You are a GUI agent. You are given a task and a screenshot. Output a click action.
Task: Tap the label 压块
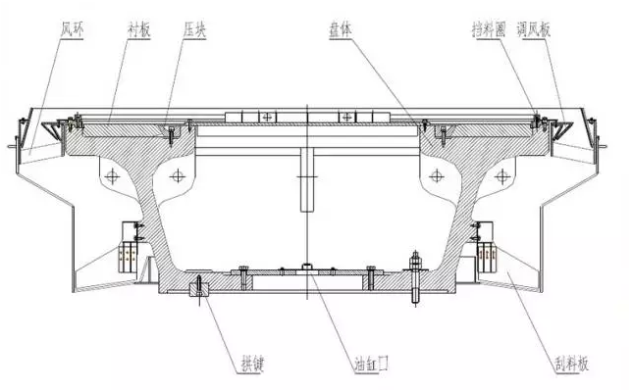coord(192,31)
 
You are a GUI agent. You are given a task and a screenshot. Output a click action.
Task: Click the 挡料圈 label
coord(489,31)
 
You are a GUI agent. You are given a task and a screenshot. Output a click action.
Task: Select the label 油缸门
coord(374,363)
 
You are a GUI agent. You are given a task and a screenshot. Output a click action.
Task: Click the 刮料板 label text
coord(569,363)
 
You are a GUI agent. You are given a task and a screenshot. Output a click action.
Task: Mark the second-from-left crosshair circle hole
coord(178,175)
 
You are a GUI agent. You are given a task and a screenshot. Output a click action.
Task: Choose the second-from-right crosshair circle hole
coord(437,175)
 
